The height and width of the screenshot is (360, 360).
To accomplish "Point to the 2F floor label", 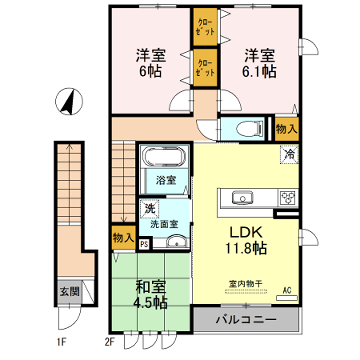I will tap(112, 342).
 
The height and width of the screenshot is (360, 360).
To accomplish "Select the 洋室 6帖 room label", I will tap(150, 66).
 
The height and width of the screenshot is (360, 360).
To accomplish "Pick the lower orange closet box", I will tap(204, 70).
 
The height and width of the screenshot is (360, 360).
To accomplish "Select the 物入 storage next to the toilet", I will tap(286, 129).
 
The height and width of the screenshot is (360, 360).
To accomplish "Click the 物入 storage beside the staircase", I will tap(123, 239).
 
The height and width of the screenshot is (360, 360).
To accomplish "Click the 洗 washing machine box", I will tap(148, 209).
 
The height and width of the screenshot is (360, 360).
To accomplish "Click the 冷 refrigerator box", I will tap(288, 156).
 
